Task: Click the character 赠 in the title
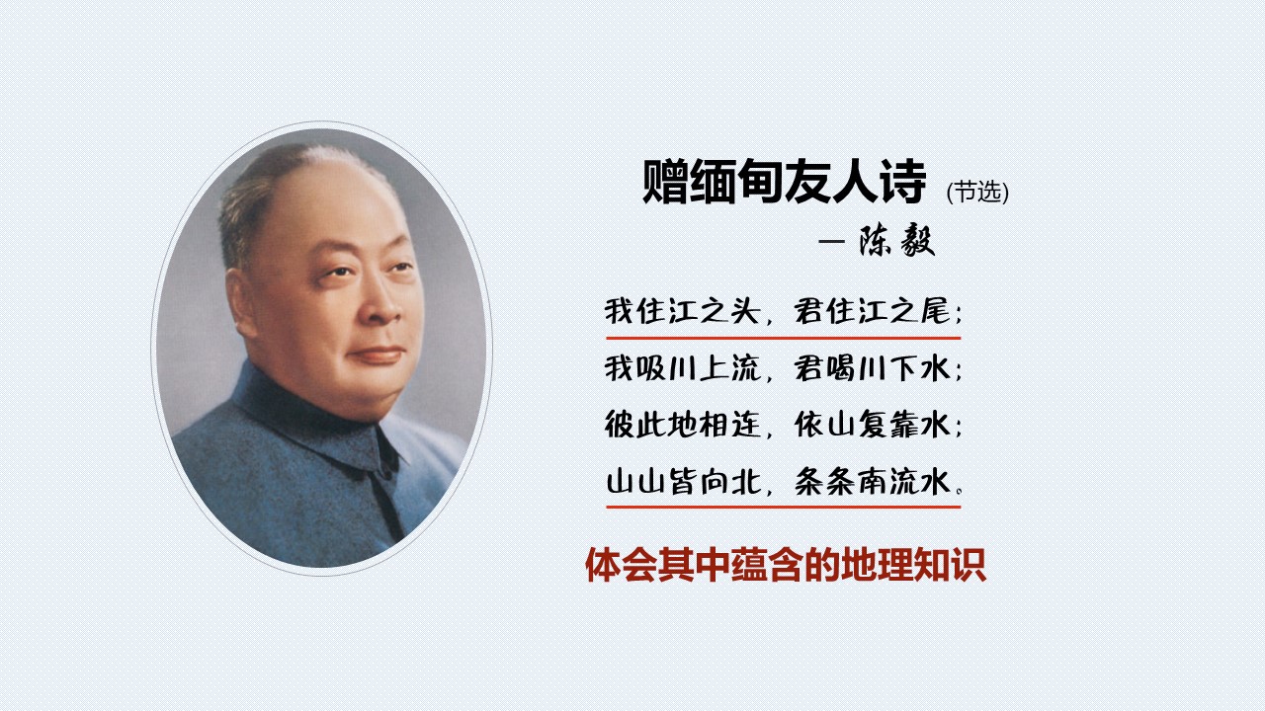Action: click(665, 182)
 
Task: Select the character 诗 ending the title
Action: click(903, 182)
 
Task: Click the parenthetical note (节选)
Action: click(977, 192)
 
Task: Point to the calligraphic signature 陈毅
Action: click(897, 242)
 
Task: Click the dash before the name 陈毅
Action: click(832, 242)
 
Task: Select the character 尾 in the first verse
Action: click(935, 310)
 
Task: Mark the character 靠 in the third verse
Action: click(905, 425)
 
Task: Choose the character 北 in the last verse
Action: click(745, 483)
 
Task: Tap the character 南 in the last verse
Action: click(873, 483)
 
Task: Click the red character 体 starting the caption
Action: click(603, 564)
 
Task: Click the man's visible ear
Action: click(242, 303)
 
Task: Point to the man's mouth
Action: click(378, 355)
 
